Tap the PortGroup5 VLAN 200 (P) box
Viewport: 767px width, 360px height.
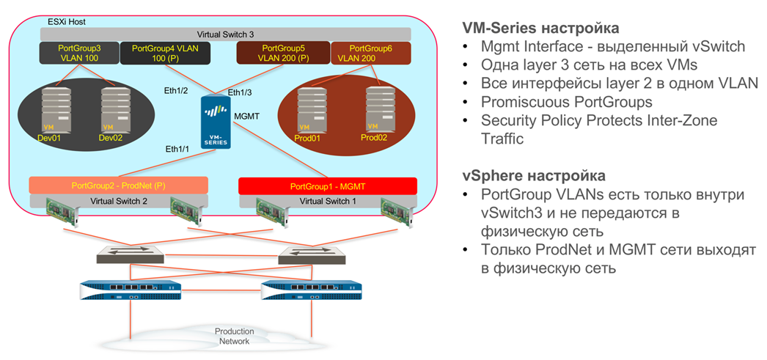pyautogui.click(x=283, y=54)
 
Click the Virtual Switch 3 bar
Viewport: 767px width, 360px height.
pyautogui.click(x=225, y=34)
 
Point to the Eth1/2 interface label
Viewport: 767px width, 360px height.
pyautogui.click(x=177, y=90)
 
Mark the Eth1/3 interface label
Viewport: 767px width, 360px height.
pyautogui.click(x=240, y=92)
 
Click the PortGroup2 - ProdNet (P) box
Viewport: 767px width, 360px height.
pyautogui.click(x=119, y=185)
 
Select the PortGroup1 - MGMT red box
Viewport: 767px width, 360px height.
pyautogui.click(x=328, y=185)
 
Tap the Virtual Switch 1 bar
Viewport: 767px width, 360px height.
pyautogui.click(x=328, y=200)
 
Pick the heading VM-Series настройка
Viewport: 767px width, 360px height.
pyautogui.click(x=540, y=28)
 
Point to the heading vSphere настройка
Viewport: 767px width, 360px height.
pyautogui.click(x=533, y=176)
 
